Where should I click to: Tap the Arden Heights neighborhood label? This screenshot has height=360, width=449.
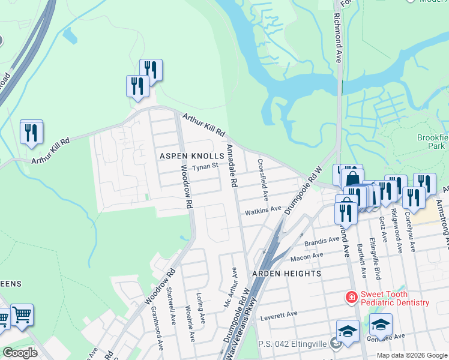(286, 273)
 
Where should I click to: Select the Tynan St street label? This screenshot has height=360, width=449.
(205, 167)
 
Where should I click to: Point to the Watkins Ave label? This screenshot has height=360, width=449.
(262, 210)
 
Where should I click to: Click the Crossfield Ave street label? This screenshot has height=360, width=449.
(262, 179)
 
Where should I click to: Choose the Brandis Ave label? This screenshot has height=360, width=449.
(322, 241)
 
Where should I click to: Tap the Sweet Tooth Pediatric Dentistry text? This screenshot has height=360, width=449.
(394, 298)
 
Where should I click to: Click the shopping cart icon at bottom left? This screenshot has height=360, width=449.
(22, 313)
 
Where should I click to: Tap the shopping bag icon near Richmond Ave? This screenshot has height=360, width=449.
(353, 178)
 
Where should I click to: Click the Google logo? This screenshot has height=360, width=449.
(20, 353)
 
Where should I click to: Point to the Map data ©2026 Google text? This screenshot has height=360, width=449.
(411, 355)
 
